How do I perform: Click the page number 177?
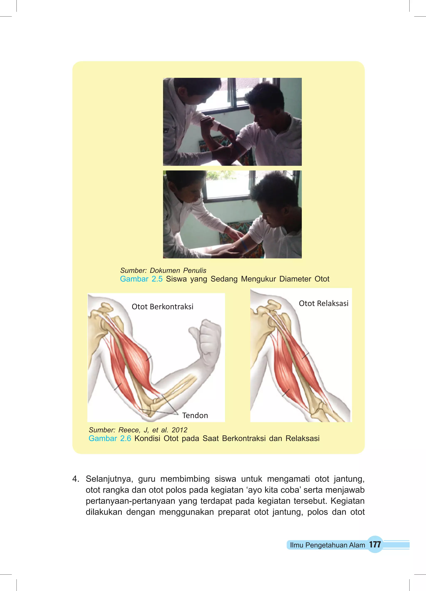pyautogui.click(x=375, y=544)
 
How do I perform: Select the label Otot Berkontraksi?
pyautogui.click(x=162, y=307)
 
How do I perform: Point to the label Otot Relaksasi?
pyautogui.click(x=323, y=303)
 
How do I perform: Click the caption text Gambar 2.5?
pyautogui.click(x=141, y=279)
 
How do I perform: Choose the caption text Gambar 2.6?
pyautogui.click(x=110, y=438)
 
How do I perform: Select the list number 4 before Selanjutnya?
pyautogui.click(x=75, y=479)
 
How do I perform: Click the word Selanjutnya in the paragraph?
pyautogui.click(x=109, y=479)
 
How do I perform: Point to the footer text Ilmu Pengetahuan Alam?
pyautogui.click(x=327, y=545)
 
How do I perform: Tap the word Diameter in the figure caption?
pyautogui.click(x=295, y=279)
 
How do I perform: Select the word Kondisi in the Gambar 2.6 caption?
pyautogui.click(x=147, y=438)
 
